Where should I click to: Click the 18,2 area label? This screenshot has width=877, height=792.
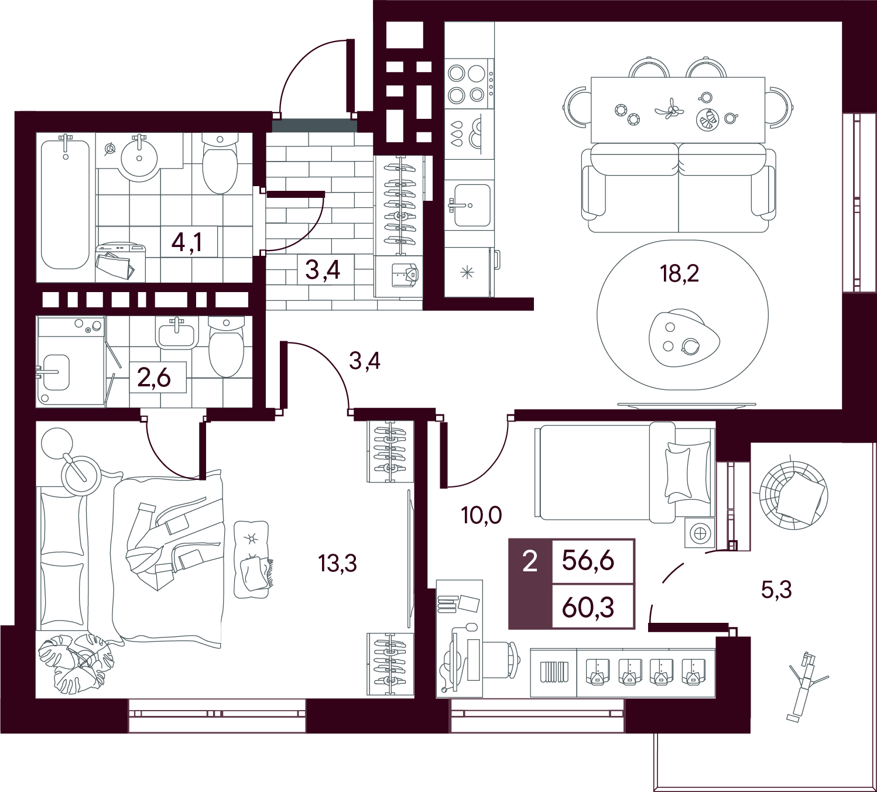679,274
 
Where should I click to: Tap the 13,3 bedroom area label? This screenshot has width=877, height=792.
337,563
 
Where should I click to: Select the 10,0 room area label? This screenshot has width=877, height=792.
481,516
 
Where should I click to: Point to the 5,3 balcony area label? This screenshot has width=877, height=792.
776,590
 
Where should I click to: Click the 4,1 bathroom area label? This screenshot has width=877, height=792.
187,242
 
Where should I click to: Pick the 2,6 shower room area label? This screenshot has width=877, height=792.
154,378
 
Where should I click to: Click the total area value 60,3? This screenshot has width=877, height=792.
588,608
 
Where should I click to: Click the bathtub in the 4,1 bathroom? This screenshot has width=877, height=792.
65,204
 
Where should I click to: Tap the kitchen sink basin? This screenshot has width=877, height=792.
472,205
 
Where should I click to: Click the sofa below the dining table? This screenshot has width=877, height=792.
679,188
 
